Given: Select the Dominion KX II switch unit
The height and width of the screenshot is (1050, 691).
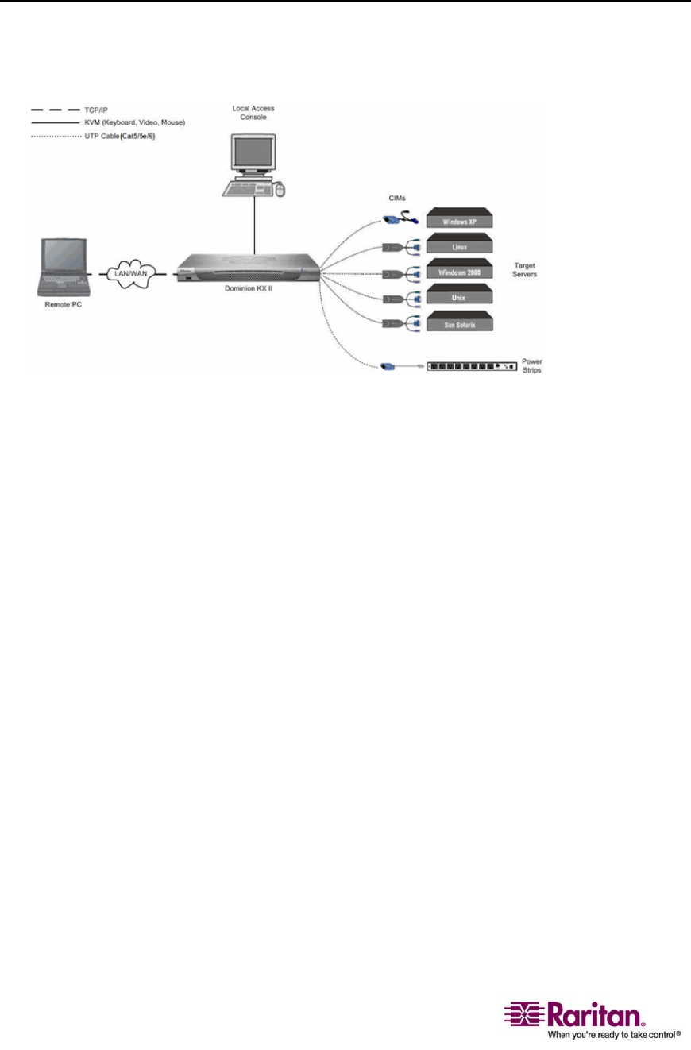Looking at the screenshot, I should [x=247, y=270].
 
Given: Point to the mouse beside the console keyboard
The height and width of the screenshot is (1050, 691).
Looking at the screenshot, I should [x=279, y=189].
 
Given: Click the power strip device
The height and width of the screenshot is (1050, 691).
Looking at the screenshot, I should [x=473, y=366].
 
